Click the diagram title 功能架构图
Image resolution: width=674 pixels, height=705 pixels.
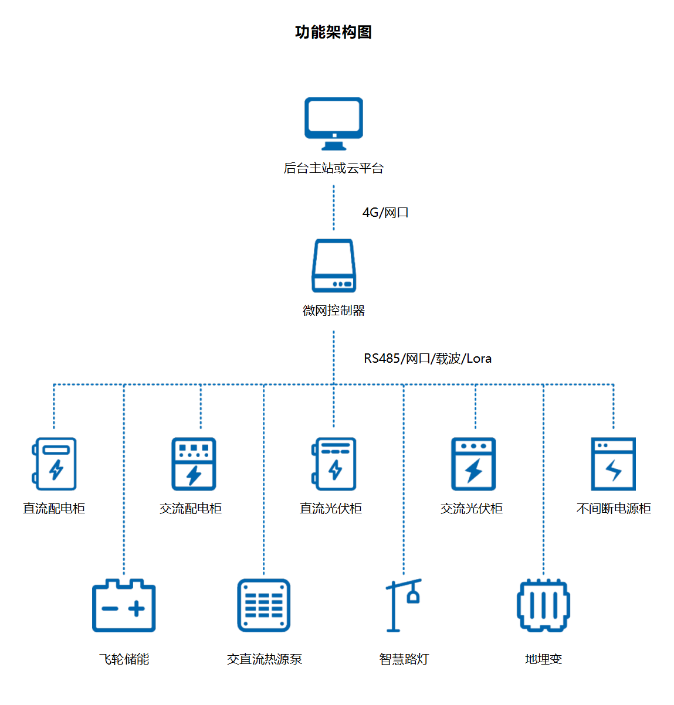click(333, 32)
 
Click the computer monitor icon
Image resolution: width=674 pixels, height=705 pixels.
click(334, 124)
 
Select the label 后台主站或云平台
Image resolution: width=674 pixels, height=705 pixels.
click(333, 168)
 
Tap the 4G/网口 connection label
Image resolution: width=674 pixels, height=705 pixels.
click(385, 213)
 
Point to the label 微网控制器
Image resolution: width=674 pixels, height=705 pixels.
click(334, 311)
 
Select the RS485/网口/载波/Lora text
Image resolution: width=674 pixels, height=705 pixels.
click(428, 359)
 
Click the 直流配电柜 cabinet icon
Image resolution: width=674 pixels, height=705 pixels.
click(55, 464)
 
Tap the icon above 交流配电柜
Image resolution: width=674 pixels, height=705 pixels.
click(194, 464)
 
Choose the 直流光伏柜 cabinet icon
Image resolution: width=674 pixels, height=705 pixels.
click(334, 464)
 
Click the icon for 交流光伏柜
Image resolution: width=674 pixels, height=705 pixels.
click(473, 464)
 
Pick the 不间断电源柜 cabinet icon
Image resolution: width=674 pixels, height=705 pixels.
click(613, 464)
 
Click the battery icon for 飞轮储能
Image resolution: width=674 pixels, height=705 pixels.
click(124, 606)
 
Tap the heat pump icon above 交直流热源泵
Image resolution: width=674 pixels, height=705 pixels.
click(264, 606)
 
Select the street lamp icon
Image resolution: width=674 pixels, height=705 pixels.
click(404, 605)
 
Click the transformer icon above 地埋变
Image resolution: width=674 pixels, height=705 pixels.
click(543, 606)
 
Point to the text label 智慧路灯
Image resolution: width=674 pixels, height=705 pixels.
click(404, 659)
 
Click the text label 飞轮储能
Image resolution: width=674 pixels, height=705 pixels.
click(124, 659)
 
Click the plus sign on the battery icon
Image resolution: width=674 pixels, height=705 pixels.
click(137, 609)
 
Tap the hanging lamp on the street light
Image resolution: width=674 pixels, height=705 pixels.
click(414, 597)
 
